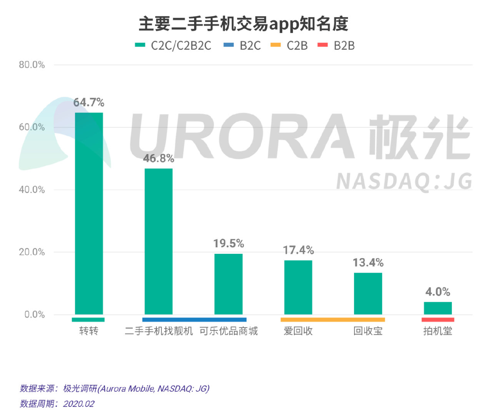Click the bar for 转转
[x=89, y=213]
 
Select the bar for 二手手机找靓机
[x=158, y=242]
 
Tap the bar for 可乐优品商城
[x=228, y=284]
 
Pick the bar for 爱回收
[x=298, y=287]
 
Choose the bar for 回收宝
[x=368, y=294]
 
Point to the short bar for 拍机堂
[x=438, y=308]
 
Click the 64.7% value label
[x=89, y=102]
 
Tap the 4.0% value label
[x=438, y=292]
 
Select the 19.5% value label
[x=228, y=243]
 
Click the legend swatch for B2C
[x=228, y=45]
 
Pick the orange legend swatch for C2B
[x=276, y=45]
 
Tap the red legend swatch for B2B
[x=323, y=45]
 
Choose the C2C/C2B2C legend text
[x=181, y=45]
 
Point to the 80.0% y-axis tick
[x=32, y=65]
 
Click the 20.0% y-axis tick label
[x=32, y=252]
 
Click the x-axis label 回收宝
[x=368, y=331]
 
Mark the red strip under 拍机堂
[x=438, y=320]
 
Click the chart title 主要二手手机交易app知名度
[x=243, y=24]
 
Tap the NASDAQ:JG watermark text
[x=404, y=181]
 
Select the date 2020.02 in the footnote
[x=78, y=404]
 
